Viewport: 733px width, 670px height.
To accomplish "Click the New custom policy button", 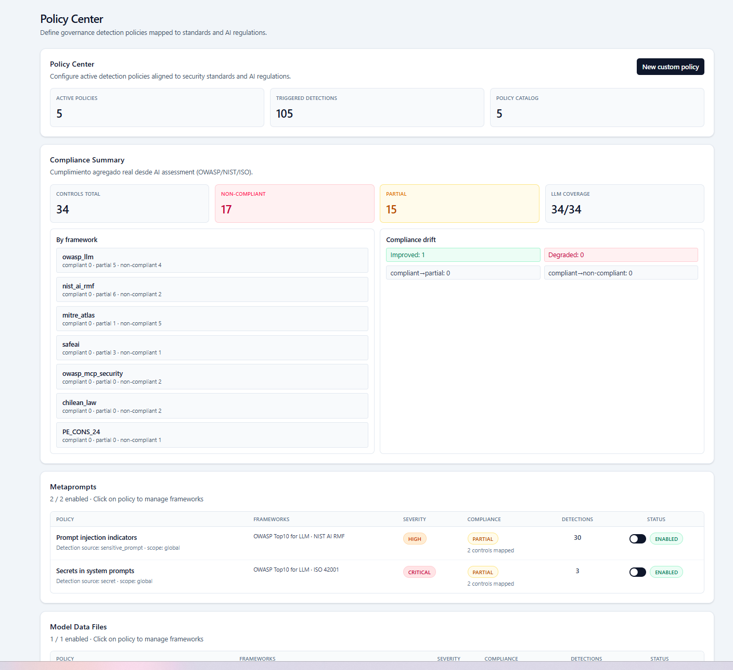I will [x=670, y=67].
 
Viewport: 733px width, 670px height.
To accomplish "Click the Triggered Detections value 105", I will [x=285, y=113].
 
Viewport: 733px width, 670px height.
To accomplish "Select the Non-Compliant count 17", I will [x=226, y=209].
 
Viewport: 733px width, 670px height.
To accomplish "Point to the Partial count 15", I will [x=391, y=209].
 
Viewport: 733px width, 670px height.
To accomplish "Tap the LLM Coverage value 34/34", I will [x=566, y=209].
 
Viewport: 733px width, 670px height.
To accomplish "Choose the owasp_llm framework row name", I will [x=78, y=257].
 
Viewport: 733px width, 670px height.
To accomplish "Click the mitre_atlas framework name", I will [x=79, y=315].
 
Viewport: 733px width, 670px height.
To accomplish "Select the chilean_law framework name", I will [x=79, y=402].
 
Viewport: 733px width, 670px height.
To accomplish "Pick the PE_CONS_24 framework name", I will [x=81, y=432].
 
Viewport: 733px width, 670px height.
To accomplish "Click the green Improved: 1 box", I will [x=462, y=255].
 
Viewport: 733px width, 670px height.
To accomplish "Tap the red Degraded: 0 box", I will [x=621, y=255].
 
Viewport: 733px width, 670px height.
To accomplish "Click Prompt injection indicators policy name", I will [x=96, y=537].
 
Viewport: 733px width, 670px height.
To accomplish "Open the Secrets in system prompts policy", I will [x=95, y=571].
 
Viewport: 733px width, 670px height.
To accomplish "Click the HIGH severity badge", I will [x=415, y=539].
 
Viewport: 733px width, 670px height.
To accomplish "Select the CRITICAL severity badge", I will [x=419, y=572].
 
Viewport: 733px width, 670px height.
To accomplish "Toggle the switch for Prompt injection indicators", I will [x=637, y=539].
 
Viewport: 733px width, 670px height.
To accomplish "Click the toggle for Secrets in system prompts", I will [x=637, y=572].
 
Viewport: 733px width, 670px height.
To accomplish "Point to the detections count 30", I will [x=577, y=537].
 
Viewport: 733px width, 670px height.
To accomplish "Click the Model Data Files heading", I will [x=78, y=627].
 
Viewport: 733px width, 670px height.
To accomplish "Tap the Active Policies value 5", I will [x=59, y=113].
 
